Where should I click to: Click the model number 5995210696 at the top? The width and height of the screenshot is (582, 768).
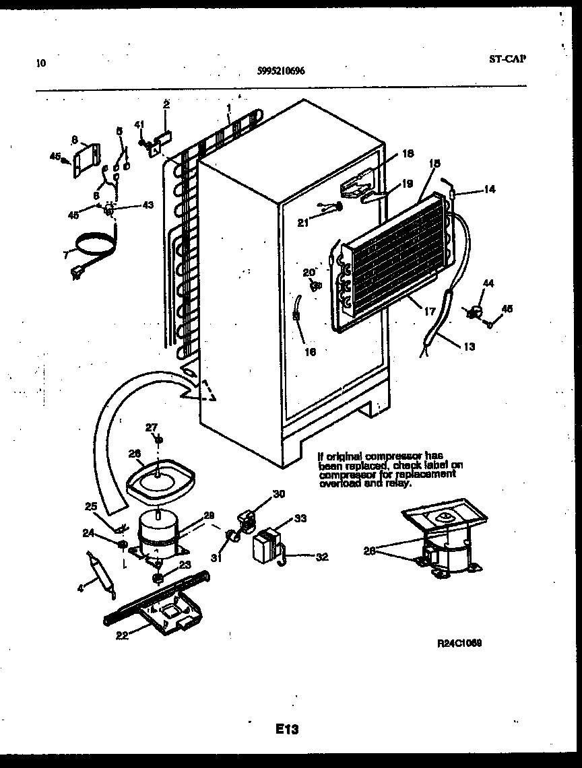[281, 69]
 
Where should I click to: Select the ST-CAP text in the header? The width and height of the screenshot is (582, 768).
[507, 58]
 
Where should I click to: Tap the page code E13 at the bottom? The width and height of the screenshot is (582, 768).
[286, 729]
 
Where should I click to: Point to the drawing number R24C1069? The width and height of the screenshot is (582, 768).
[459, 643]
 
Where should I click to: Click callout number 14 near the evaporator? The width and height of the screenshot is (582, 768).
[489, 190]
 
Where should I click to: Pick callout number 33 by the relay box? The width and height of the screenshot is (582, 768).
[300, 518]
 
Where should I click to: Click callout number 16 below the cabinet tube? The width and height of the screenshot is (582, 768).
[309, 351]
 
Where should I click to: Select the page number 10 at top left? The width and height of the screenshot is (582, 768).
[42, 64]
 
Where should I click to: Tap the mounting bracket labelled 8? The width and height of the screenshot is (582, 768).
[86, 160]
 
